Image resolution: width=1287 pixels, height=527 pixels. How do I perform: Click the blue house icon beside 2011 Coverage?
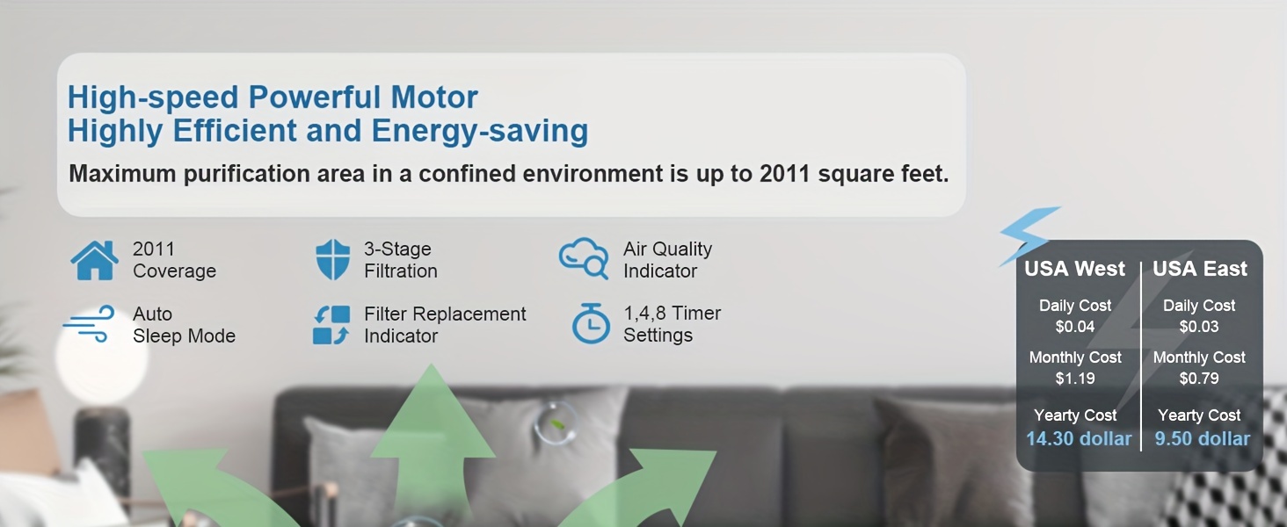[95, 260]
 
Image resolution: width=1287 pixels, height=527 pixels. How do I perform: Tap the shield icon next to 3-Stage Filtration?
[333, 259]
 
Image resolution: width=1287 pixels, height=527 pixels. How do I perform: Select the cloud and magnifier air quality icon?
[584, 258]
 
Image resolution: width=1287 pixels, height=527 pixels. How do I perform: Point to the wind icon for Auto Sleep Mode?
[89, 324]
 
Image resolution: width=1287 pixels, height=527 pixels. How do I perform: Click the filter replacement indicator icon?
[331, 325]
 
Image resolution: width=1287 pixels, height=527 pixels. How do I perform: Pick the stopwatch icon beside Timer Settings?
[591, 323]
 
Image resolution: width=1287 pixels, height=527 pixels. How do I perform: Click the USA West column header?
[1074, 269]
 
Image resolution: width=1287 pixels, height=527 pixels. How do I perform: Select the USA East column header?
[1200, 269]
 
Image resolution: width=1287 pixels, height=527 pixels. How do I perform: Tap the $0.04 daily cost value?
[1075, 327]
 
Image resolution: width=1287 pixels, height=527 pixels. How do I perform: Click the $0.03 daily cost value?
[1199, 327]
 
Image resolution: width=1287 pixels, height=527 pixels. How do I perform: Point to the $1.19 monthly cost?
[1075, 379]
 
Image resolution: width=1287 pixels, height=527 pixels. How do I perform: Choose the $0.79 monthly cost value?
[1199, 379]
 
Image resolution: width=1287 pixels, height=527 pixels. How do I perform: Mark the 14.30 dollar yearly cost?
[1079, 438]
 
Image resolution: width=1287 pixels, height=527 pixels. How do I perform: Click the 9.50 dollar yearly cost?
[1202, 438]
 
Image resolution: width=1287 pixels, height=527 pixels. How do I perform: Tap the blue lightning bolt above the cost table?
[1029, 235]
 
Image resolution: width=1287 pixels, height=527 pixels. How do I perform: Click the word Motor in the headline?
[434, 97]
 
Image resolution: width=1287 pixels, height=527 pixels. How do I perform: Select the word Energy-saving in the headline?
[480, 131]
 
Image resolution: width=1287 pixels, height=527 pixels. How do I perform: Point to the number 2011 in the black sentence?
[785, 173]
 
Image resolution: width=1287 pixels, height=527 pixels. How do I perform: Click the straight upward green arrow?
[432, 437]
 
